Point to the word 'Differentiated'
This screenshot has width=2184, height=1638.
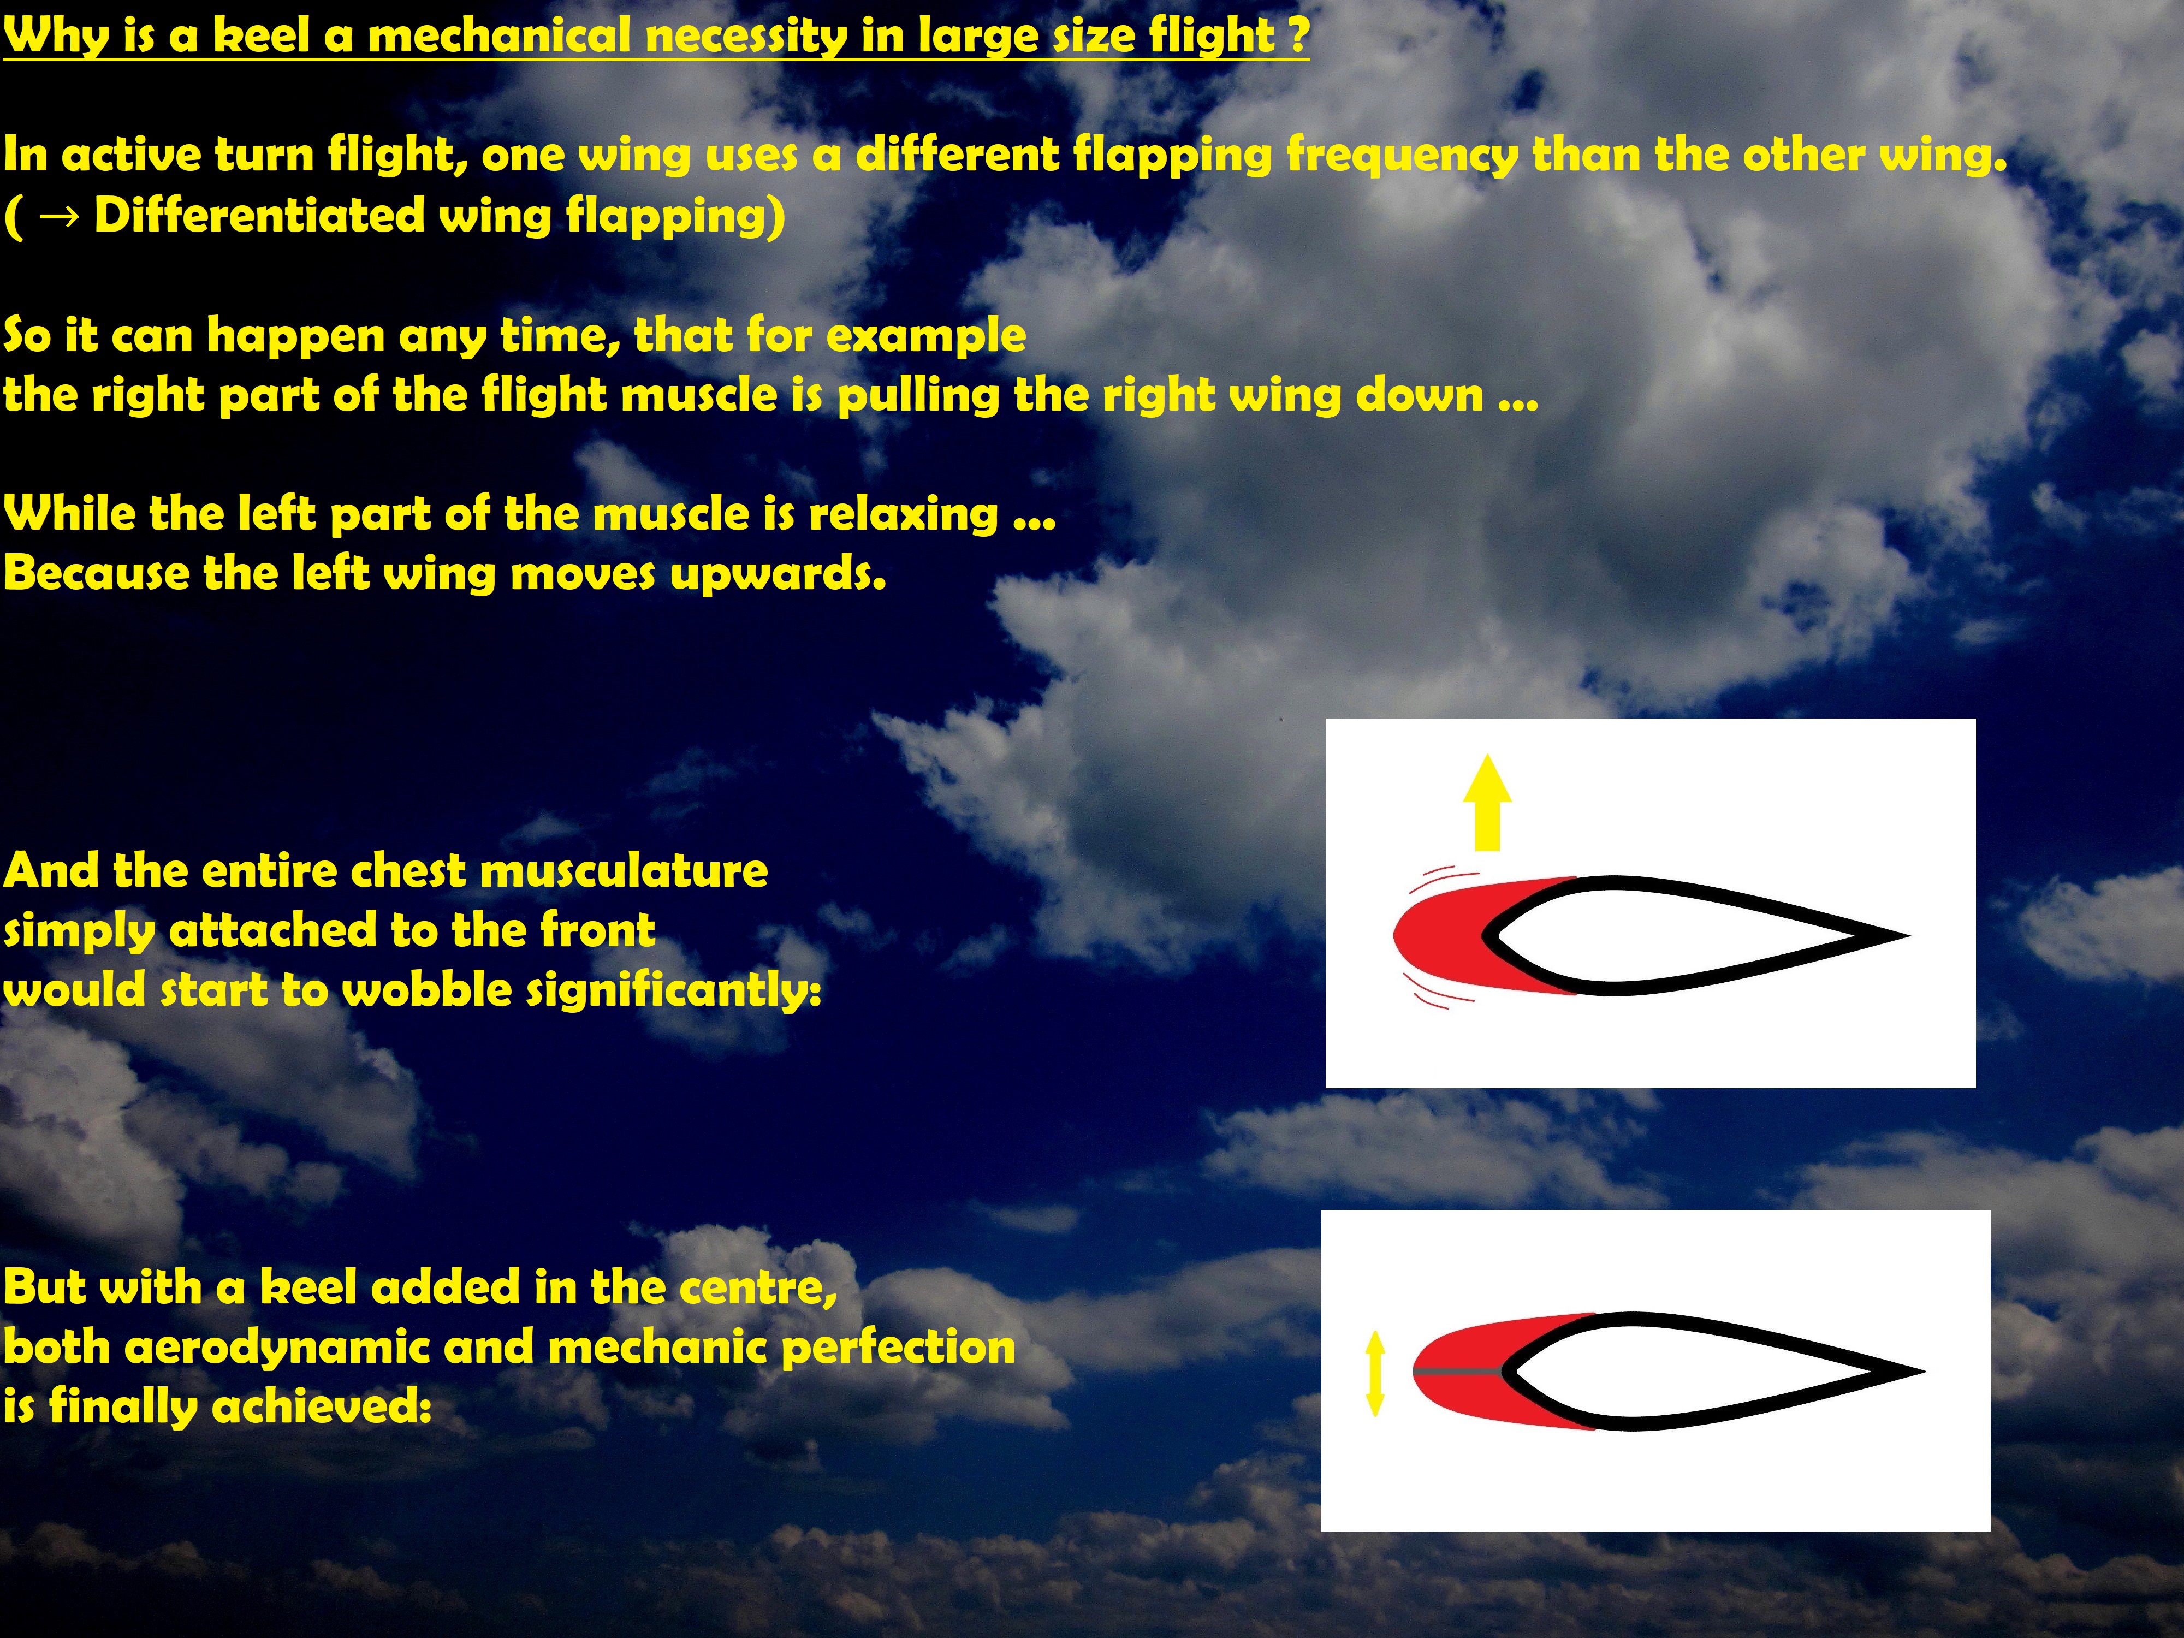point(259,215)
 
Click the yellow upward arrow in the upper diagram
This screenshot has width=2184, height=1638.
point(1486,802)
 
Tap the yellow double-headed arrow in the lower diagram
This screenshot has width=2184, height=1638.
point(1374,1373)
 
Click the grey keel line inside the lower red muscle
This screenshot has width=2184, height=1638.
point(1459,1373)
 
